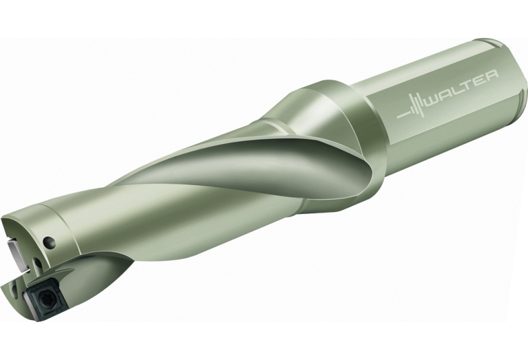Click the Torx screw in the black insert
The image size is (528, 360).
coord(45,298)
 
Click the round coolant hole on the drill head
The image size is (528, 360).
coord(50,242)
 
